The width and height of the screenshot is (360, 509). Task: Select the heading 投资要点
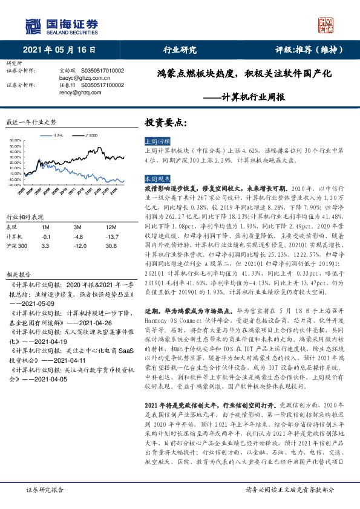click(166, 123)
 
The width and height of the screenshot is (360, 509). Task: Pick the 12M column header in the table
click(110, 227)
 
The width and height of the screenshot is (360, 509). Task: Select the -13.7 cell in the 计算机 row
click(111, 237)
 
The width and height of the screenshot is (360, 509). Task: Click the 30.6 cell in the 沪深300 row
click(111, 247)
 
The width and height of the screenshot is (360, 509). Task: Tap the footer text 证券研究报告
click(38, 491)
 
